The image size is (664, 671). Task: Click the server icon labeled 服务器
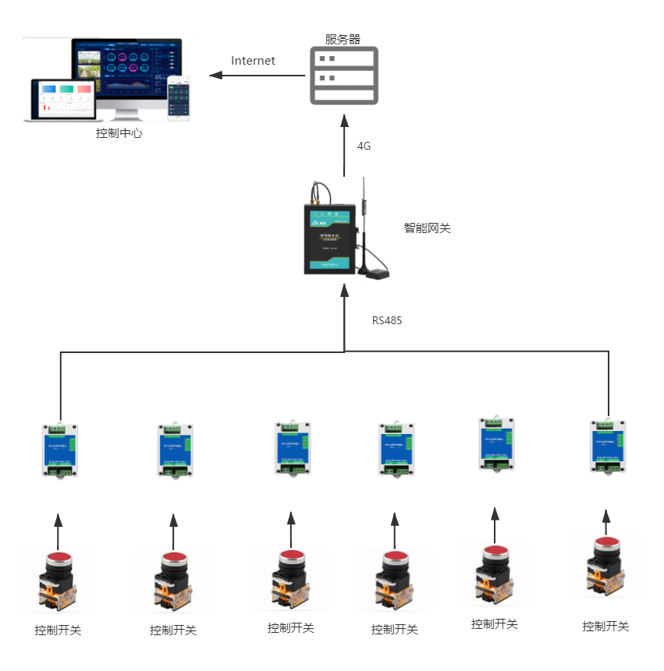pos(344,76)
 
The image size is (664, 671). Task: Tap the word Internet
pos(253,61)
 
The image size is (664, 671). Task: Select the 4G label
pos(364,146)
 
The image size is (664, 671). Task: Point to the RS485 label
pos(387,320)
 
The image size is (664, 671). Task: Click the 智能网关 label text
pos(427,228)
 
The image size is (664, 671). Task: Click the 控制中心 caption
pos(119,133)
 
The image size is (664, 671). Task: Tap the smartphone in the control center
pos(179,98)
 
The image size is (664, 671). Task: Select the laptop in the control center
pos(61,100)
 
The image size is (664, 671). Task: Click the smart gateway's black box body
pos(330,238)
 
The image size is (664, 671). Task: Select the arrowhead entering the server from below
pos(344,118)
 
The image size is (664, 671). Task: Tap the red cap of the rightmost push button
pos(606,542)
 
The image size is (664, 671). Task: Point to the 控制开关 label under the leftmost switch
pos(58,630)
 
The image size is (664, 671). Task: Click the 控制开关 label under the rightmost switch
pos(605,626)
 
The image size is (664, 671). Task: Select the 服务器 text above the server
pos(343,39)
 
